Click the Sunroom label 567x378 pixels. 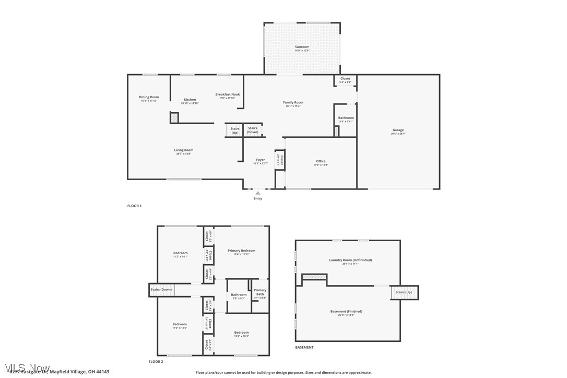coord(302,47)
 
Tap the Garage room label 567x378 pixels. coord(398,130)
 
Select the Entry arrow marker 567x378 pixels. coord(258,193)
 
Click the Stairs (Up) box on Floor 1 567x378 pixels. coord(235,131)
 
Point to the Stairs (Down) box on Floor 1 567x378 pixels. coord(253,130)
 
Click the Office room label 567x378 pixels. coord(321,161)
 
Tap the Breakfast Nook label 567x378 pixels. coord(228,95)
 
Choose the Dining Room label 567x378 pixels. coord(149,97)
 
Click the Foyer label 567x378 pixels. coord(260,160)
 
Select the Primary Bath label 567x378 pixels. coord(260,292)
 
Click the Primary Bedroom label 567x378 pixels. coord(241,251)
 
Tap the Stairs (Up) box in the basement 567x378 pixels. coord(404,292)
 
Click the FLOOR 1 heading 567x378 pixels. coord(134,206)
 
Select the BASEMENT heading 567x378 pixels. coord(304,347)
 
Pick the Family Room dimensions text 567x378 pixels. coord(293,106)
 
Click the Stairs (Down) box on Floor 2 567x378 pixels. coord(161,290)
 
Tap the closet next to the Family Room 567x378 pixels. coord(345,80)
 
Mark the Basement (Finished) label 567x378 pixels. coord(346,312)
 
